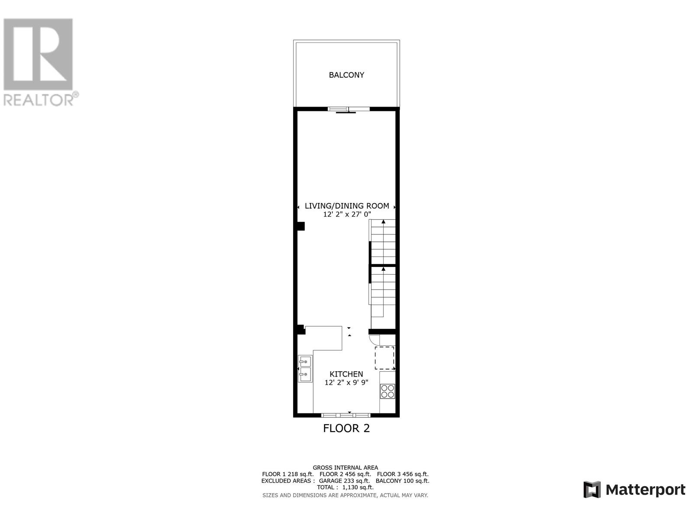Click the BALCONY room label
coord(346,75)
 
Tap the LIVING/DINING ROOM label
coord(347,206)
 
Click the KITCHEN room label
coord(346,374)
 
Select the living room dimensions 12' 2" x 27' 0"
coord(347,214)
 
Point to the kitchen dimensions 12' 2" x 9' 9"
coord(346,382)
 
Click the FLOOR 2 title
coord(346,428)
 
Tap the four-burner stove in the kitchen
coord(387,391)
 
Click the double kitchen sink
coord(305,369)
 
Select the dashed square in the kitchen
coord(385,357)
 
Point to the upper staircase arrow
coord(383,222)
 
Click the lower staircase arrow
coord(383,269)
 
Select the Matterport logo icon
coord(592,490)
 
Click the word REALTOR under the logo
coord(38,100)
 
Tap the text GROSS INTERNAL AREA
coord(345,468)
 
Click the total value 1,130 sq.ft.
coord(358,487)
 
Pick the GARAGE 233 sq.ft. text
coord(344,481)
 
